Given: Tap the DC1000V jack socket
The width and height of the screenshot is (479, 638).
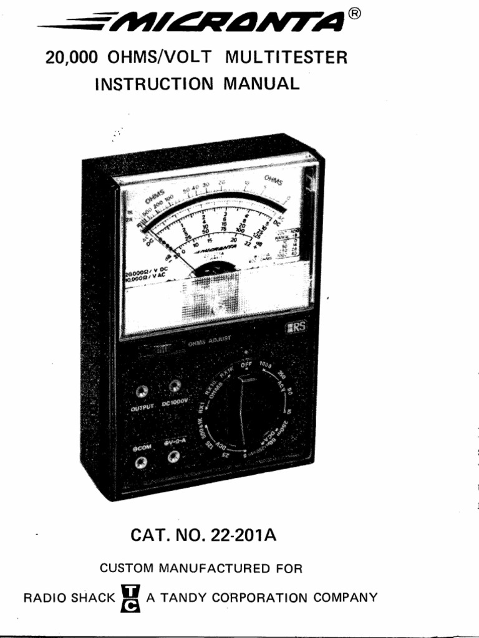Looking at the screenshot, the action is coord(177,386).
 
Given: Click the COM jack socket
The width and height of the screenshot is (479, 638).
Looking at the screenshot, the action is coord(141,461).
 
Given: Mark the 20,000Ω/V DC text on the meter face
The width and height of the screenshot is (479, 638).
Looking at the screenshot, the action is coord(145,274).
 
